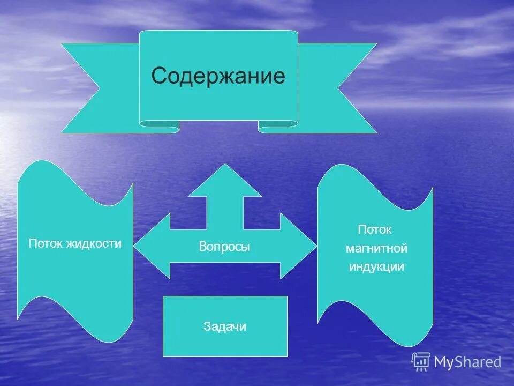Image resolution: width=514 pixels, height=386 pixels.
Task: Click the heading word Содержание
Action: (218, 76)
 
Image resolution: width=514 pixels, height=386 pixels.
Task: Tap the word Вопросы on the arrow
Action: (224, 247)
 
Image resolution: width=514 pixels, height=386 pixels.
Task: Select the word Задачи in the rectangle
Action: (225, 326)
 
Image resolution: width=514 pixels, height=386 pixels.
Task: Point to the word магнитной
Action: (376, 248)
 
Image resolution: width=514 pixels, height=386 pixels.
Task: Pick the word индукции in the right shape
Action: (376, 266)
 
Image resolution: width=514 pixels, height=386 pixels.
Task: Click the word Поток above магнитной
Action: (375, 229)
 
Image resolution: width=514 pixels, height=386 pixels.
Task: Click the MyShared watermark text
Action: (467, 362)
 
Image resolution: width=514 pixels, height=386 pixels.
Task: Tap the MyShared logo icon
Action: (421, 361)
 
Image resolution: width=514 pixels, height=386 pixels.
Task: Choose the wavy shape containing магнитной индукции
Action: (375, 306)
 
